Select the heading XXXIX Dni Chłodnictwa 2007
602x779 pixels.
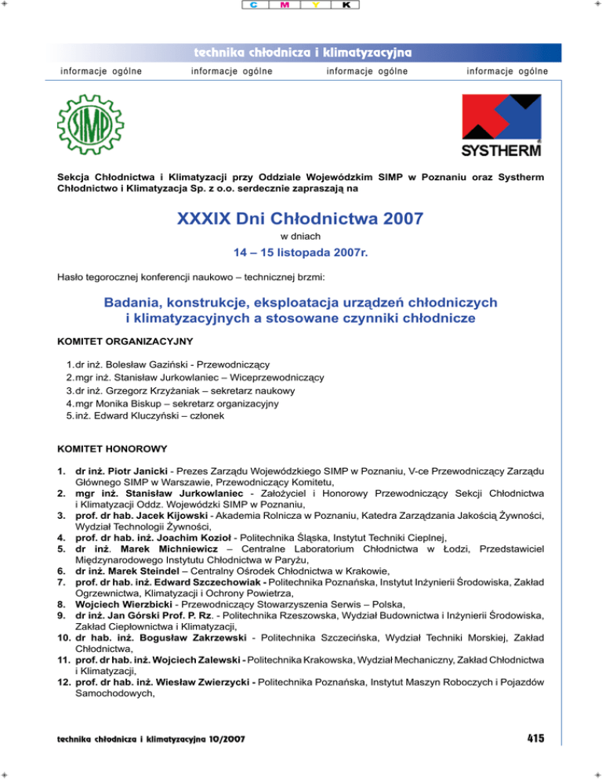click(301, 218)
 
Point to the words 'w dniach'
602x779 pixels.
click(301, 236)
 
